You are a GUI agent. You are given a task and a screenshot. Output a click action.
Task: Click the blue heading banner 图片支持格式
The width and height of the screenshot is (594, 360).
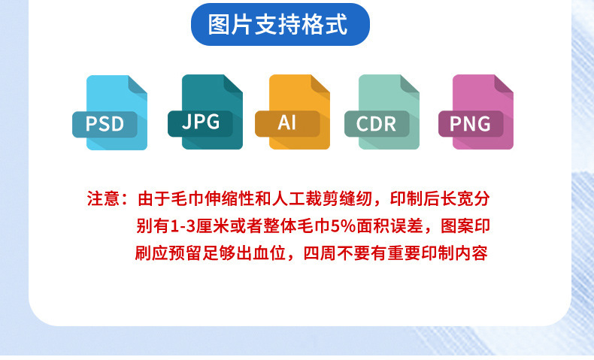click(280, 25)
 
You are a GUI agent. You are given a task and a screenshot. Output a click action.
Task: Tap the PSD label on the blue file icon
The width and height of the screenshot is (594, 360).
click(105, 124)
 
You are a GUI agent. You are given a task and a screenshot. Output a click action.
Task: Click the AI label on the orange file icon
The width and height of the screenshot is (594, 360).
click(287, 123)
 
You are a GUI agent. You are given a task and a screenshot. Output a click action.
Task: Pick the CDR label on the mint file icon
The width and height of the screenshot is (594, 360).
click(377, 123)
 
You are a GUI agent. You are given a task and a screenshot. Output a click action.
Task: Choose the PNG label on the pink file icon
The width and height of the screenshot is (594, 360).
click(471, 123)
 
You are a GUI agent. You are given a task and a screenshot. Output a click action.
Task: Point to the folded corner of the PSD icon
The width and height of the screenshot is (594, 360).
click(136, 84)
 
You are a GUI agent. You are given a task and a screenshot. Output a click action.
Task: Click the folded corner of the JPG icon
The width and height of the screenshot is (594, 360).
click(232, 83)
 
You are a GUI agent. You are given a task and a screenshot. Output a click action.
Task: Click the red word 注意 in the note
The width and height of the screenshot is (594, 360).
click(104, 198)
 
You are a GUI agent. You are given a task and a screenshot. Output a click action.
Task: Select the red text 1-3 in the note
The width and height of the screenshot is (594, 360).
click(183, 226)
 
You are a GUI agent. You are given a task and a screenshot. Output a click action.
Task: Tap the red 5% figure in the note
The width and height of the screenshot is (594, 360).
click(344, 226)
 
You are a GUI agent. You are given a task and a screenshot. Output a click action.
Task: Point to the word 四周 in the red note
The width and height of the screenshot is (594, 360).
click(320, 253)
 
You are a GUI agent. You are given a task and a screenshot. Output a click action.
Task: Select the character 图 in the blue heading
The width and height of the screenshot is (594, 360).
click(219, 25)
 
